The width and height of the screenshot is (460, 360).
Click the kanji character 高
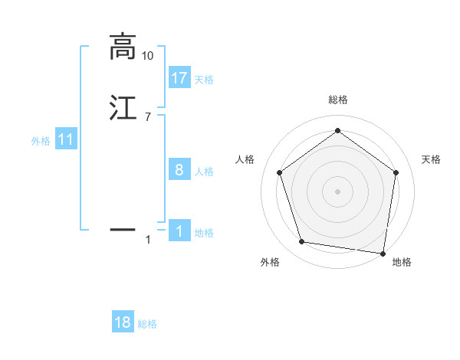[123, 47]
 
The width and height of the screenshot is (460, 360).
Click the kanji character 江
[123, 108]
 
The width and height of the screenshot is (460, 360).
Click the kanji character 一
[123, 228]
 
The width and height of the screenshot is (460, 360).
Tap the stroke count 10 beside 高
[148, 56]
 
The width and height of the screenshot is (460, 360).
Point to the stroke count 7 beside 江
[147, 116]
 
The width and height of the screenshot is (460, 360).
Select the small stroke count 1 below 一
[148, 240]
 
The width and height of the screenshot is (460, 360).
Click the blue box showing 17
[179, 77]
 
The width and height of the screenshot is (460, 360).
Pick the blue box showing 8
[179, 170]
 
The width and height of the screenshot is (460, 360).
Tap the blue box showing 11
[66, 139]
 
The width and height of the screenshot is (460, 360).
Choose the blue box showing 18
[123, 322]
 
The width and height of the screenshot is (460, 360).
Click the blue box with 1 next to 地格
[179, 231]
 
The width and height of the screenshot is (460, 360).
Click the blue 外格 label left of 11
[41, 141]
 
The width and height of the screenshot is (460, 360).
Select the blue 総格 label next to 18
[147, 324]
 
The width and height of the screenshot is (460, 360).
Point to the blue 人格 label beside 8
[204, 172]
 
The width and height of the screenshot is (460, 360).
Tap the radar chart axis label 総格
[337, 100]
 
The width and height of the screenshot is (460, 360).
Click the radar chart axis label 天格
[431, 159]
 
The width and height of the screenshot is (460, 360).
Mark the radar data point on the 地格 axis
[383, 253]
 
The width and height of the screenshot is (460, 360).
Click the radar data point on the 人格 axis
[279, 172]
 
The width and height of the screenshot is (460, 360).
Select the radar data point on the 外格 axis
[302, 242]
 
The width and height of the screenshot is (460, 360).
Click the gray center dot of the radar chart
[337, 191]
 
